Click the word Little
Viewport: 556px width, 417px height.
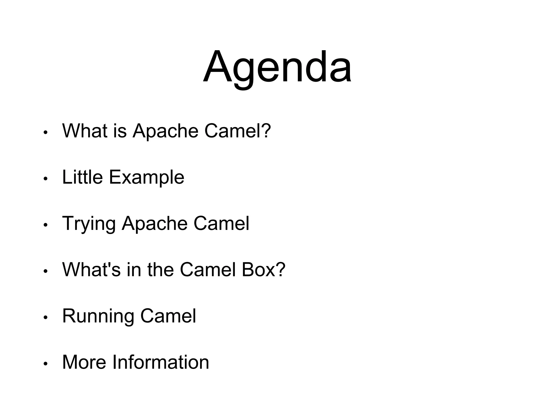point(82,177)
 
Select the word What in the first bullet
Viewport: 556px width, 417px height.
point(85,131)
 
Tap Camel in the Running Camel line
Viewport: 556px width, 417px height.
point(168,316)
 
